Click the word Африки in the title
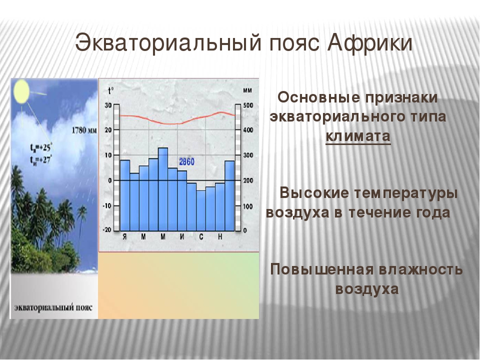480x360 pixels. click(369, 43)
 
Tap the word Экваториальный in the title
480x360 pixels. click(168, 43)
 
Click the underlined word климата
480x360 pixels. click(358, 136)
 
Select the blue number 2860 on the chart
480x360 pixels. click(186, 161)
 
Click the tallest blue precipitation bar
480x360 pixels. click(163, 189)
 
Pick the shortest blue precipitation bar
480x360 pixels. click(201, 210)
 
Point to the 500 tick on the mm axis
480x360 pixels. click(248, 105)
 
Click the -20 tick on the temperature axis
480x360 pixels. click(107, 230)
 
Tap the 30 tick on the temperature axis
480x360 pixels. click(108, 105)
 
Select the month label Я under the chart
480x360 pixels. click(124, 236)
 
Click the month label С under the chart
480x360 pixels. click(201, 236)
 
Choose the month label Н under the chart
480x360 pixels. click(220, 236)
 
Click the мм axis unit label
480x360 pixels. click(247, 90)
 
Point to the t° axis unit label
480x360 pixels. click(110, 90)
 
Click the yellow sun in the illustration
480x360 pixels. click(21, 91)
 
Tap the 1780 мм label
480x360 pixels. click(84, 130)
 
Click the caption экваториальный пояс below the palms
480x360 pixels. click(53, 307)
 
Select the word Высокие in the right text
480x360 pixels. click(314, 193)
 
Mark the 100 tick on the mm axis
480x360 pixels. click(248, 206)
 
